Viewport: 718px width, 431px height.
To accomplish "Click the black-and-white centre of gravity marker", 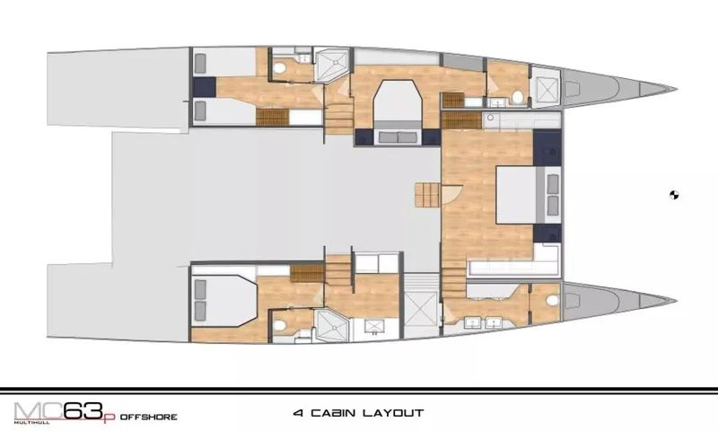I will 674,193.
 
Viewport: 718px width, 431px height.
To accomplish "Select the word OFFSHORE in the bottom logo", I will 146,417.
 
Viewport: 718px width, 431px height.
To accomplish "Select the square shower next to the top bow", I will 544,87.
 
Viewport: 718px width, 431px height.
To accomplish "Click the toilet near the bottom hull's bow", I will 549,301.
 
